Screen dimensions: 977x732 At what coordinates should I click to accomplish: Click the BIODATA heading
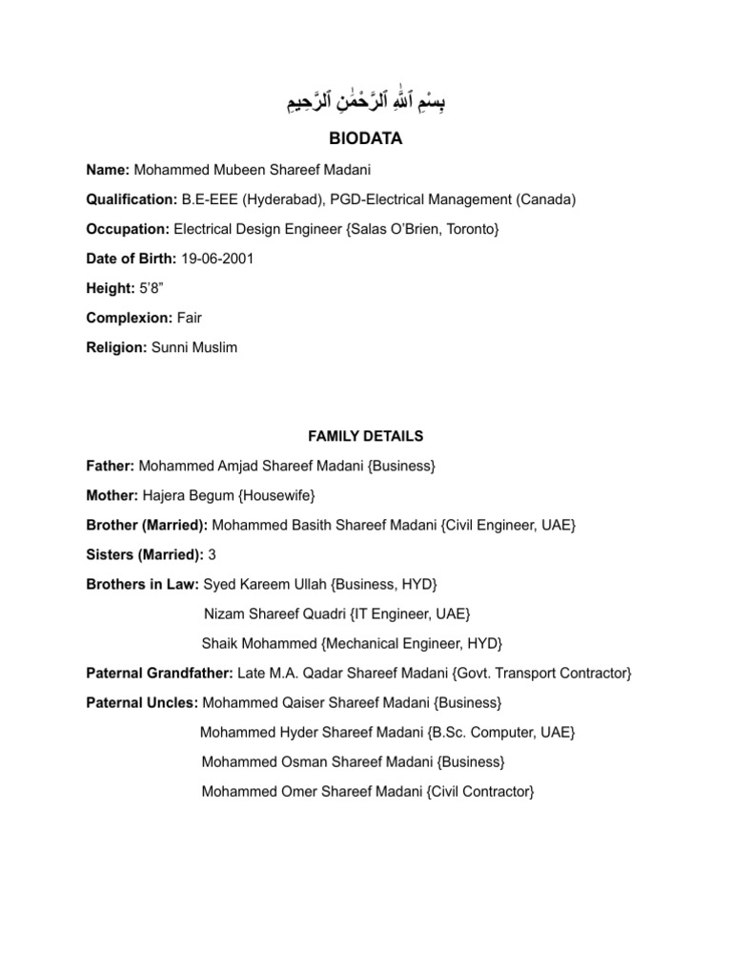coord(366,139)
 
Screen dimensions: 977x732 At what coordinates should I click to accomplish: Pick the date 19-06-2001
coord(221,259)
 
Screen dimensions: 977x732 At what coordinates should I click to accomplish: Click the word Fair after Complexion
coord(189,318)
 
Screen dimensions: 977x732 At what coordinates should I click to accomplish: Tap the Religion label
coord(115,347)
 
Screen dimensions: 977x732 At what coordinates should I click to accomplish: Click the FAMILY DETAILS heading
coord(366,436)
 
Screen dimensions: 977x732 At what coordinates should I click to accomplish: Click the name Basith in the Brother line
coord(310,525)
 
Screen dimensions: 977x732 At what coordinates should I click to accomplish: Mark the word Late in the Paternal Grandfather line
coord(251,674)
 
